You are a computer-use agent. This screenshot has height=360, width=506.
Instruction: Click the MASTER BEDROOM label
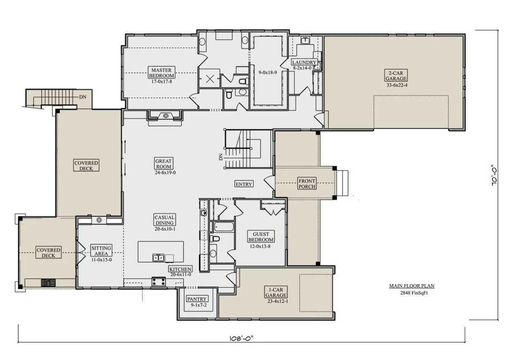[x=161, y=73]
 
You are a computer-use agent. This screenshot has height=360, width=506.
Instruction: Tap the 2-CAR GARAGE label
[x=396, y=76]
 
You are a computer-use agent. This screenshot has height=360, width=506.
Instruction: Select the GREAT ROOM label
[x=164, y=164]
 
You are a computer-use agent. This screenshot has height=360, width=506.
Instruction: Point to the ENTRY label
[x=244, y=184]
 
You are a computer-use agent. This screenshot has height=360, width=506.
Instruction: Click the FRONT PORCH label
[x=307, y=184]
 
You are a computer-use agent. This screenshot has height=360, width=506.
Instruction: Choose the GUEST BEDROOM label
[x=261, y=236]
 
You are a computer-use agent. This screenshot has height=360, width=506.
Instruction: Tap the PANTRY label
[x=197, y=299]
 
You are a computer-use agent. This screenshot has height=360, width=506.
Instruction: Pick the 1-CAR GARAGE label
[x=276, y=292]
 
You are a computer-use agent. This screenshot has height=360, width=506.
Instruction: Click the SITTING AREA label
[x=101, y=251]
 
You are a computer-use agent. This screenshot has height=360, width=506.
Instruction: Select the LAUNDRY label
[x=304, y=62]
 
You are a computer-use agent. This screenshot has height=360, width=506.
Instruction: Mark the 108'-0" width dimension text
[x=242, y=338]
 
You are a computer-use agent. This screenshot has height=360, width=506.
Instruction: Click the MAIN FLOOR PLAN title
[x=412, y=286]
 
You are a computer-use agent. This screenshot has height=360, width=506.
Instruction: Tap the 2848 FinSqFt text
[x=414, y=293]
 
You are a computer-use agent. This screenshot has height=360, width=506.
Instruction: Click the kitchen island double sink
[x=158, y=257]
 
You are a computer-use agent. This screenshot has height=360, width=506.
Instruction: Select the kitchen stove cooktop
[x=159, y=282]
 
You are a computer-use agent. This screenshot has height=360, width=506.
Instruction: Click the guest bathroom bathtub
[x=223, y=227]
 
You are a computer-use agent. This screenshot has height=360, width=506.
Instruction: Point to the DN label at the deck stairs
[x=83, y=97]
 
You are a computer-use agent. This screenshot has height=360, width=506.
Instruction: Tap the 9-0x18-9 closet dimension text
[x=268, y=73]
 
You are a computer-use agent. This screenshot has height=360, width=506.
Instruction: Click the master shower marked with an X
[x=210, y=78]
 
